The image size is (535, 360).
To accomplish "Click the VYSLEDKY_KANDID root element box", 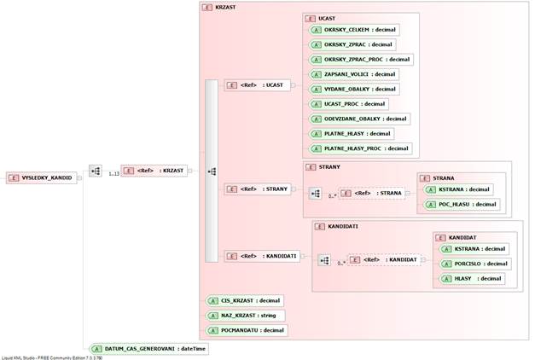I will tap(44, 177).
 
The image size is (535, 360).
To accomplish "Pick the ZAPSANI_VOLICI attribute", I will tap(353, 74).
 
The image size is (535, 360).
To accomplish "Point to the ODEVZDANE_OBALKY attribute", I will tap(358, 119).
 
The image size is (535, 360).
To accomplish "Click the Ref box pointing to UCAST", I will tap(257, 85).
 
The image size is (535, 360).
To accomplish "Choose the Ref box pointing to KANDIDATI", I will tap(262, 256).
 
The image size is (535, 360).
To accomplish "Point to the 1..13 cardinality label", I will tap(113, 173).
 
